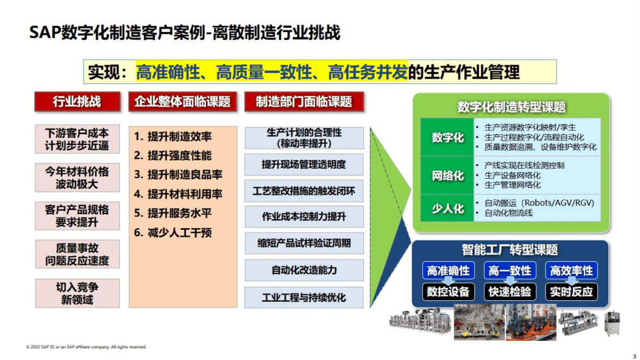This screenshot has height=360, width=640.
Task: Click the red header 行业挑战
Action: tap(76, 102)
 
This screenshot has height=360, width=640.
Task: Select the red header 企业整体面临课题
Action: tap(182, 102)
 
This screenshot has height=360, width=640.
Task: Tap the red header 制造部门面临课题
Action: tap(304, 102)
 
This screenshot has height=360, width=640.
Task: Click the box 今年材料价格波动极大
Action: tap(77, 178)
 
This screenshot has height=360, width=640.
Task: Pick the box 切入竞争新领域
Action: tap(77, 293)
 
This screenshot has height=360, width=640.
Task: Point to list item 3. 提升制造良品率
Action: tap(178, 175)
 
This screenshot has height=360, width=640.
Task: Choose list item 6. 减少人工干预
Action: tap(173, 232)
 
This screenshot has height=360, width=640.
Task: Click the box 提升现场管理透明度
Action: tap(304, 164)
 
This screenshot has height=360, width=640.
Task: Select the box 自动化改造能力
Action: tap(304, 270)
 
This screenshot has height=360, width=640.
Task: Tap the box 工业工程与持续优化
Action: tap(304, 298)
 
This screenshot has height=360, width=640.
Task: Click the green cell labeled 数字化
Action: tap(447, 137)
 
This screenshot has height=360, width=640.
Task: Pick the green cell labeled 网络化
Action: tap(447, 175)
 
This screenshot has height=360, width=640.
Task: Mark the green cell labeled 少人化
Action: tap(447, 208)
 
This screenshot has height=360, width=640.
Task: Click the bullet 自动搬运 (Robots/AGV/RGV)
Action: tap(539, 203)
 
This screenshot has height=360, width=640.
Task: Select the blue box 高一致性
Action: tap(509, 271)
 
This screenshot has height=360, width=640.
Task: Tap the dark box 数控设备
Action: tap(448, 292)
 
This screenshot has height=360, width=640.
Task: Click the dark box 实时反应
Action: tap(571, 292)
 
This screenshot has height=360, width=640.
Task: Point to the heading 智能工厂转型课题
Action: tap(509, 250)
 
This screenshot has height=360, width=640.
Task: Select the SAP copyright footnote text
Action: tap(86, 347)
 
